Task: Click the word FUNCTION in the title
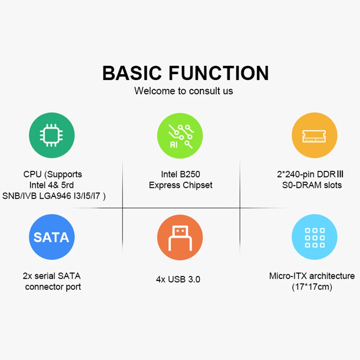pos(219,73)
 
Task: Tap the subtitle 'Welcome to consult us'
pos(183,91)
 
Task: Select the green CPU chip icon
pos(52,136)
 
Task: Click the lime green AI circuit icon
pos(180,136)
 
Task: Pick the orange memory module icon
pos(314,136)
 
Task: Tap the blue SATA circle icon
pos(52,237)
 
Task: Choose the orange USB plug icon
pos(180,237)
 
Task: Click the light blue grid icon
pos(314,237)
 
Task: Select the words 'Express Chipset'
pos(181,186)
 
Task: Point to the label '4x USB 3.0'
pos(178,279)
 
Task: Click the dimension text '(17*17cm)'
pos(312,287)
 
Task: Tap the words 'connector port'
pos(53,287)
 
